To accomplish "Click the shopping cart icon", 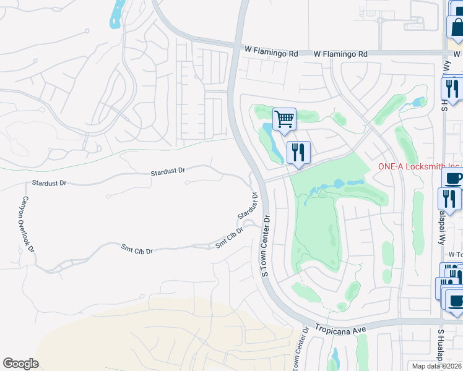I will pos(284,118).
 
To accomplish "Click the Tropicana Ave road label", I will pos(340,328).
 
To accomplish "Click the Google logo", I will pos(20,364).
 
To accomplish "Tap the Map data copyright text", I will pos(437,366).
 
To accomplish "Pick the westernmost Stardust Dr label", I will pos(49,184).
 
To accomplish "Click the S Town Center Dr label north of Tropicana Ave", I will pos(267,246).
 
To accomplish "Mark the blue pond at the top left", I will pos(115,14).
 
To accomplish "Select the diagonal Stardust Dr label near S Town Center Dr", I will pos(248,207).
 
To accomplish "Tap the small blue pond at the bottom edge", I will pos(335,359).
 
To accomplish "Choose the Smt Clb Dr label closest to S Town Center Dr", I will pos(229,238).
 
